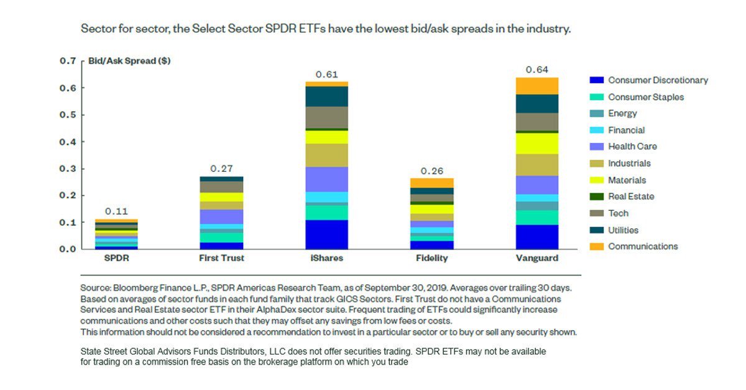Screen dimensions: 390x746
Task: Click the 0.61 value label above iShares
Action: pyautogui.click(x=326, y=74)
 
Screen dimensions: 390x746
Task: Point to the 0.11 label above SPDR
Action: pyautogui.click(x=116, y=211)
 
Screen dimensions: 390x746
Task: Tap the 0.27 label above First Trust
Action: pyautogui.click(x=221, y=168)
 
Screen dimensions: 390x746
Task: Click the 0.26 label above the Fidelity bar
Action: pyautogui.click(x=432, y=171)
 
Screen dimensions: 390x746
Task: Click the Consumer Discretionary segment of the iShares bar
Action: pyautogui.click(x=326, y=234)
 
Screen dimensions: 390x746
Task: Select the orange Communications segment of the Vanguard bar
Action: pyautogui.click(x=537, y=86)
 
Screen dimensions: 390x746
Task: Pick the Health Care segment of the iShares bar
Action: pyautogui.click(x=326, y=179)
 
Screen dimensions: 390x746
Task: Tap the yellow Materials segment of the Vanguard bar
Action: pyautogui.click(x=537, y=144)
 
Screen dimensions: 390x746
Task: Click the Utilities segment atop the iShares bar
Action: pyautogui.click(x=326, y=96)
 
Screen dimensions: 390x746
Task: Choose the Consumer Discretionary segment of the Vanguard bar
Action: pyautogui.click(x=537, y=237)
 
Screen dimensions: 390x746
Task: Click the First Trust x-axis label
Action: pyautogui.click(x=221, y=258)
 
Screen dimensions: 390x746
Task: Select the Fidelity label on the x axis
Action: pyautogui.click(x=432, y=258)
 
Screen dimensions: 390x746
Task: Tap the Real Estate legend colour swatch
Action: pyautogui.click(x=596, y=197)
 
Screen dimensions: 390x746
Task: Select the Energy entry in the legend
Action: pyautogui.click(x=622, y=114)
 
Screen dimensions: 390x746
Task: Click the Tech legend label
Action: pyautogui.click(x=618, y=213)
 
